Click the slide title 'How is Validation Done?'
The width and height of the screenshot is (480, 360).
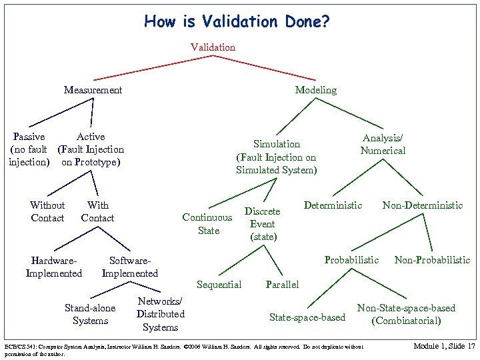[237, 22]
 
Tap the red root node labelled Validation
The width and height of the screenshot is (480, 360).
[213, 47]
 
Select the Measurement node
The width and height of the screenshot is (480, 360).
[93, 89]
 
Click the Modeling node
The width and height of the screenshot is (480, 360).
[315, 89]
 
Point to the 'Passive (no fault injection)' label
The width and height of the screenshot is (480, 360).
[29, 149]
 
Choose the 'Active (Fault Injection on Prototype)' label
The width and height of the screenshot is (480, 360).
[91, 149]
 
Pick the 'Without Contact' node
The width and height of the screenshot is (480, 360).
[47, 211]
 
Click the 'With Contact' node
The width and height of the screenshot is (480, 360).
[97, 211]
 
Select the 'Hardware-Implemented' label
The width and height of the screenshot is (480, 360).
[53, 267]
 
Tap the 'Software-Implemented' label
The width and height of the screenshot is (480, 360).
[129, 267]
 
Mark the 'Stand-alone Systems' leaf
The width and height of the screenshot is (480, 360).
[90, 314]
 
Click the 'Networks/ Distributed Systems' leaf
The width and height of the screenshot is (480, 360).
[160, 314]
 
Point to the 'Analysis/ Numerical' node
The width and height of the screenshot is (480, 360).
[383, 144]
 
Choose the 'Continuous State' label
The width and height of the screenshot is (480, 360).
[207, 223]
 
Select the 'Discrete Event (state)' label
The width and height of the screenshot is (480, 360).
[262, 224]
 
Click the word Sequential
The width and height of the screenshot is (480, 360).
[219, 285]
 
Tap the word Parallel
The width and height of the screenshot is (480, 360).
[282, 285]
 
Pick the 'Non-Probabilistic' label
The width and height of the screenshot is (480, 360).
[432, 259]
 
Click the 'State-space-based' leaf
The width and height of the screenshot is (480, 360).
[307, 317]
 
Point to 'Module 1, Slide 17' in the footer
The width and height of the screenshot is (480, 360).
[444, 346]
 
